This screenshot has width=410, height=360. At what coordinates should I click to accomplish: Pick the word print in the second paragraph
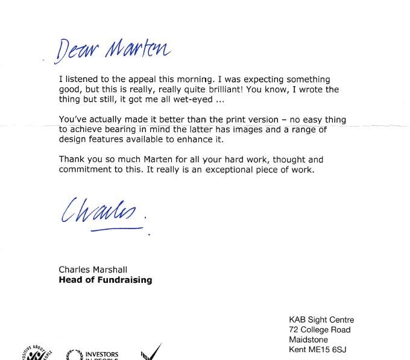(226, 120)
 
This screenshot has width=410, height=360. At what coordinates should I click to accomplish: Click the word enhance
(194, 139)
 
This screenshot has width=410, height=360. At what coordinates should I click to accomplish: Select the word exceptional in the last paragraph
(248, 169)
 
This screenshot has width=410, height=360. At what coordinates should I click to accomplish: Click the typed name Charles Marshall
(93, 270)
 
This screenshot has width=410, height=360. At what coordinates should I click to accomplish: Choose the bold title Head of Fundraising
(106, 280)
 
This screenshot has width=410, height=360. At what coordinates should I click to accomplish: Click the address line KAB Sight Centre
(321, 320)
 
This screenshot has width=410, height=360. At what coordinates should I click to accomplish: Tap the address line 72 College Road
(320, 330)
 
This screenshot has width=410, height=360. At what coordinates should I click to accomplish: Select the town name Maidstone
(309, 339)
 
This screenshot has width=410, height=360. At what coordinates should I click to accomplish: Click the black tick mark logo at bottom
(151, 352)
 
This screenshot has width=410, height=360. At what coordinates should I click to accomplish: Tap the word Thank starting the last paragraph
(71, 160)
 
